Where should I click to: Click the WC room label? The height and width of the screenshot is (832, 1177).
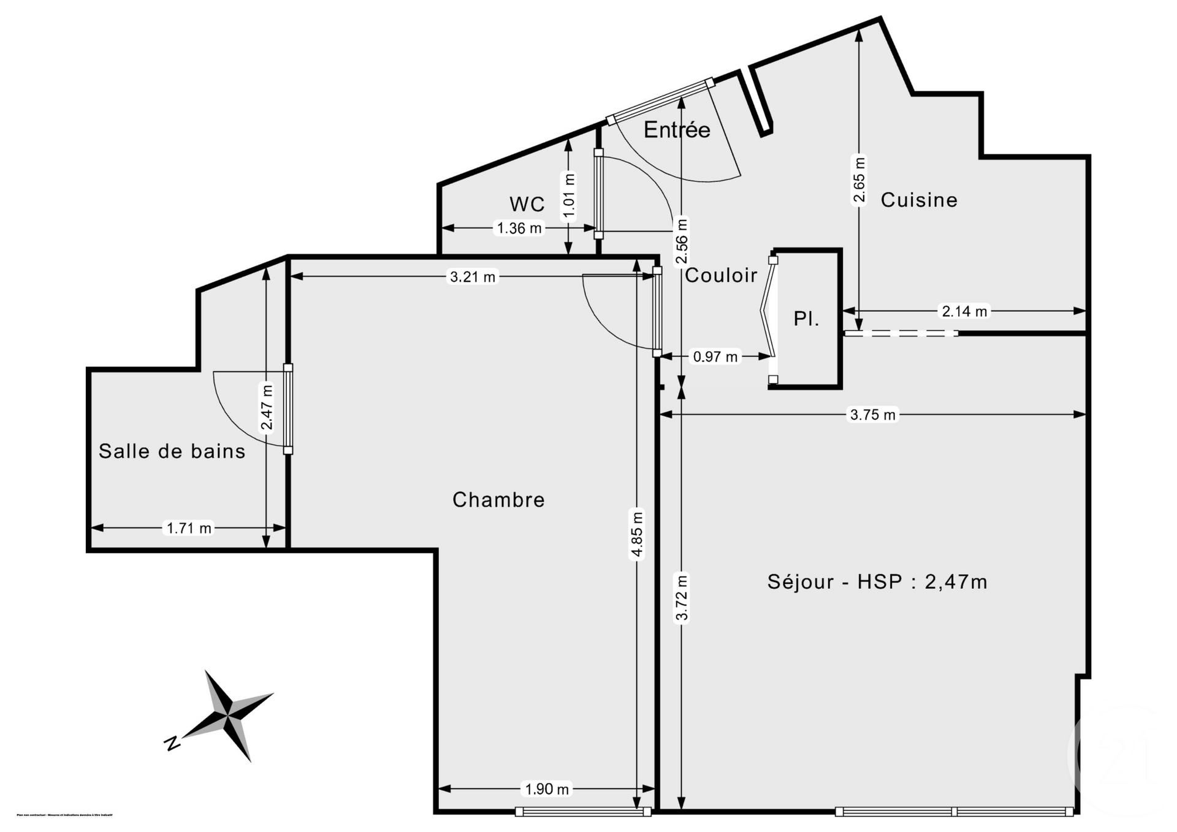[x=527, y=203]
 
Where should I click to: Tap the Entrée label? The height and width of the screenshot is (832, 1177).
[x=677, y=130]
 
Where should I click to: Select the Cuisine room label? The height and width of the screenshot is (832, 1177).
[x=918, y=200]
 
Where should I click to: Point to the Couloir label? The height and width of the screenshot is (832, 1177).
[x=721, y=276]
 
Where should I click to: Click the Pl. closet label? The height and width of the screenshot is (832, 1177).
[x=806, y=319]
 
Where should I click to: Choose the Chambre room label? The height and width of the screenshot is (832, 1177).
[x=498, y=500]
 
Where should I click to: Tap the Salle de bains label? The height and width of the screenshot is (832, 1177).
[x=172, y=452]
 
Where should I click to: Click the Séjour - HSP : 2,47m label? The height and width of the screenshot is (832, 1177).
[x=877, y=581]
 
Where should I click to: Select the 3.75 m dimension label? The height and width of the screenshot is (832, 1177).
[x=872, y=415]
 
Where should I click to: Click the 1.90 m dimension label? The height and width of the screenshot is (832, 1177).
[x=547, y=789]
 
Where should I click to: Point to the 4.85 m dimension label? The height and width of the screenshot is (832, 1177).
[x=638, y=535]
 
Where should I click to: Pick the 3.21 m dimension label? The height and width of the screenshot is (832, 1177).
[x=473, y=277]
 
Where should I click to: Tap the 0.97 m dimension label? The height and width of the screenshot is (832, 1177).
[x=715, y=357]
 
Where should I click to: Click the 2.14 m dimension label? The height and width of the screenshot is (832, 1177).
[x=964, y=311]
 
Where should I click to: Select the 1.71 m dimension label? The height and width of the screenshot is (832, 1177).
[x=189, y=528]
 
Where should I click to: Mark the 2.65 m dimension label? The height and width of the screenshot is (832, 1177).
[x=859, y=180]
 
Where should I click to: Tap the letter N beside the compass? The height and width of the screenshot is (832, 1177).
[x=172, y=744]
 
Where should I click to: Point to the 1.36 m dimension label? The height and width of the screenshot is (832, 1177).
[x=519, y=229]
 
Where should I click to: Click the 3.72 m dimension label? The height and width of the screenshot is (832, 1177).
[x=682, y=597]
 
